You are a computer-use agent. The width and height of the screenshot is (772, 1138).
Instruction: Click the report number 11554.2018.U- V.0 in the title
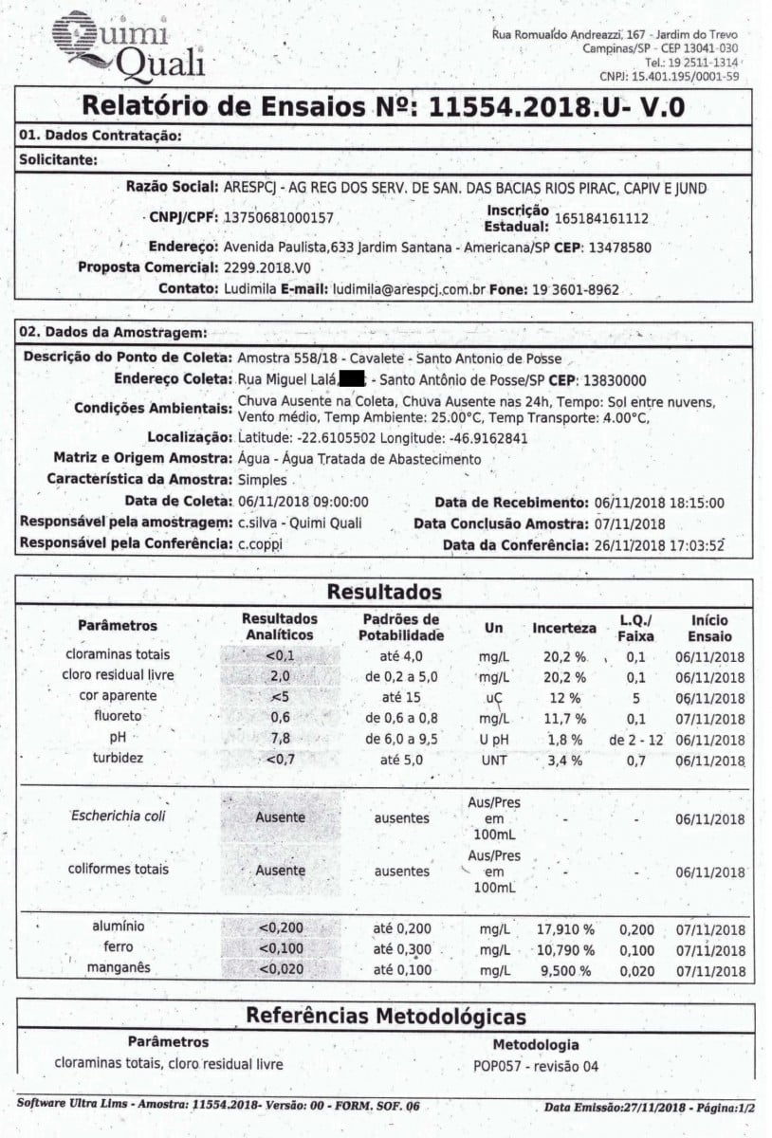point(556,106)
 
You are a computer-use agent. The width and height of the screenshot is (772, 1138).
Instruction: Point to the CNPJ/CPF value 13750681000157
point(278,217)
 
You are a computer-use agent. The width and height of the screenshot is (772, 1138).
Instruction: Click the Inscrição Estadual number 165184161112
point(601,218)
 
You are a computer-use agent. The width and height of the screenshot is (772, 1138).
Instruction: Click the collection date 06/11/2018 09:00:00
point(302,502)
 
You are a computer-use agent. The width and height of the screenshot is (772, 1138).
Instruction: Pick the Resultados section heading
point(384,593)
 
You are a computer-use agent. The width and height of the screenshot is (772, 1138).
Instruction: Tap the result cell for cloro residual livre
point(280,676)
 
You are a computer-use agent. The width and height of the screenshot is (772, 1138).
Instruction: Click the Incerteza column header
point(563,628)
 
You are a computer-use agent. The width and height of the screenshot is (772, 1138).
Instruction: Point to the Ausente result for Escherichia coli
point(280,817)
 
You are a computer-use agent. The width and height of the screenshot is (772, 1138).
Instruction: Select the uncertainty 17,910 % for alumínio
point(563,929)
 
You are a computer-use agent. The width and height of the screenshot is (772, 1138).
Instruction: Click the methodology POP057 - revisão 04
point(536,1065)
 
